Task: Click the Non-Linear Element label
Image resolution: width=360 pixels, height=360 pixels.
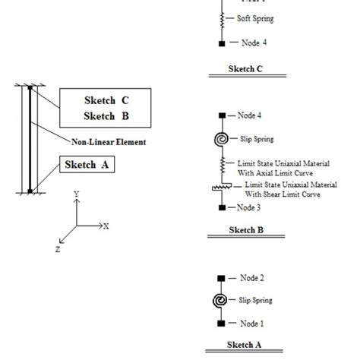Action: pos(109,141)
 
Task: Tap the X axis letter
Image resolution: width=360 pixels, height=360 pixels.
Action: pos(106,226)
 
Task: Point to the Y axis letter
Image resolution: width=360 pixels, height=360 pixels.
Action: pos(75,194)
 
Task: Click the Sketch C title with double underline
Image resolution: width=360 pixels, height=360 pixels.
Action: pos(245,68)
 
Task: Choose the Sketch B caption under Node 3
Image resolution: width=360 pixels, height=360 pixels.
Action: pos(245,227)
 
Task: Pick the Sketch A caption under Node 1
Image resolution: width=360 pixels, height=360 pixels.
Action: pos(245,344)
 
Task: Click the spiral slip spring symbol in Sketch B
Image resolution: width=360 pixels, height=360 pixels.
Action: pos(221,139)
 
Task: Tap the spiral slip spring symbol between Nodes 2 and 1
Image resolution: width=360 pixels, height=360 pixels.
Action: pos(221,301)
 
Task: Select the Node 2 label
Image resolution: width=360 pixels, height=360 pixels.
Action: pos(251,278)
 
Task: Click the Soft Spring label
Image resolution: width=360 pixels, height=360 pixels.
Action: pos(255,18)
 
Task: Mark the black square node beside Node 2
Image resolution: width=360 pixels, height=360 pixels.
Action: pos(221,278)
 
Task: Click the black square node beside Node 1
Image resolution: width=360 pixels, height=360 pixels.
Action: pos(221,323)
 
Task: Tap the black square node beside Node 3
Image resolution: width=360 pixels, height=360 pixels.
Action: pos(221,207)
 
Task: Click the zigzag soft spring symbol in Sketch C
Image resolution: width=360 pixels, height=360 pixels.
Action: pos(221,18)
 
